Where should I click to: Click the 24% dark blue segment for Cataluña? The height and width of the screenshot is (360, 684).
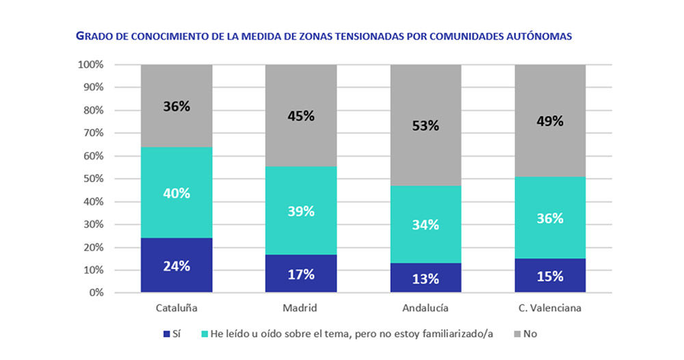(176, 265)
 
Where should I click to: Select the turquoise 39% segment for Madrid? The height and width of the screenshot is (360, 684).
(301, 211)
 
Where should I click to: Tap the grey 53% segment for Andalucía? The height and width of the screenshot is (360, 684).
(425, 125)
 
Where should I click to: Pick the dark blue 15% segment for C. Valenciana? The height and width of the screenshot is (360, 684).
(550, 275)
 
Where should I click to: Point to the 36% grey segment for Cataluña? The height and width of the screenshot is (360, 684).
(176, 106)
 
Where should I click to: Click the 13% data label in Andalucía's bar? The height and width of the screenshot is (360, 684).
(425, 278)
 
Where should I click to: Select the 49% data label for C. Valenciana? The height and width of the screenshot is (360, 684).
(550, 121)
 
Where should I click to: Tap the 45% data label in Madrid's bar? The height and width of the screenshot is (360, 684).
(301, 116)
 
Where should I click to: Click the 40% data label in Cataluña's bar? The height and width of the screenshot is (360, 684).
(176, 193)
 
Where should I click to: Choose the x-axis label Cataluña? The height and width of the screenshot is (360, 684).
(176, 308)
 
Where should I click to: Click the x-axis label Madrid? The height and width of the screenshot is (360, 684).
(301, 308)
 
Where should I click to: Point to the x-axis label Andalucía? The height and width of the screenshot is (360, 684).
(425, 308)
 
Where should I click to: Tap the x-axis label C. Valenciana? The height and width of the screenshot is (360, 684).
(550, 308)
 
